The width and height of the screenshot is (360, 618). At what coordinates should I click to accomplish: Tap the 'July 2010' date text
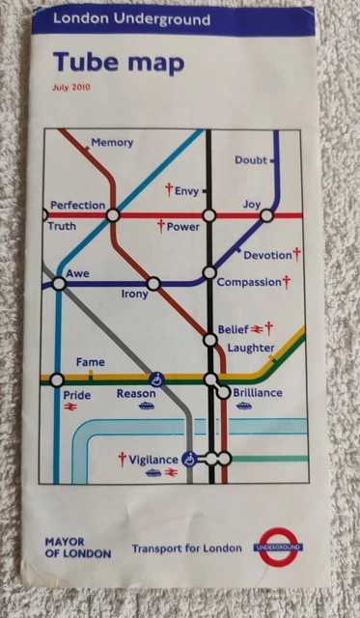71,89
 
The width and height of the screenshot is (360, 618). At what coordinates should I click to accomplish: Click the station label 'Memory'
112,143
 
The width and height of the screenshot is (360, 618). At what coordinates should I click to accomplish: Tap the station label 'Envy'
186,191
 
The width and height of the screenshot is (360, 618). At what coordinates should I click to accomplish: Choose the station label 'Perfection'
77,206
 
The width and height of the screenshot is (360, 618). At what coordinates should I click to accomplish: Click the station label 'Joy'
252,205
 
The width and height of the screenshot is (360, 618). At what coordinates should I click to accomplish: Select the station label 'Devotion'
267,255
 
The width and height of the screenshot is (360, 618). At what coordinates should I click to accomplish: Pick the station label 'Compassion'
249,282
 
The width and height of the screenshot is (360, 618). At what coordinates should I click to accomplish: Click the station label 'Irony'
135,295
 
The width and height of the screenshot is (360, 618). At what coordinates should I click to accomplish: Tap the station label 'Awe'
77,274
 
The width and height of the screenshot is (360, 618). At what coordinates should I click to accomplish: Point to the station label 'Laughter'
251,348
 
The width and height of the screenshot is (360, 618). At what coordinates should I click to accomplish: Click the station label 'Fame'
90,362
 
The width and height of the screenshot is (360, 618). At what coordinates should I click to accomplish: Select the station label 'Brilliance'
257,393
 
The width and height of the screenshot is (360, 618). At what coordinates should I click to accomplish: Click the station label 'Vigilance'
153,459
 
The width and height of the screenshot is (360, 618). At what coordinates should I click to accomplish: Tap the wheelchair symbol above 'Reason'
155,379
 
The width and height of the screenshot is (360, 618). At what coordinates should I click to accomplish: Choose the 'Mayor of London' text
77,548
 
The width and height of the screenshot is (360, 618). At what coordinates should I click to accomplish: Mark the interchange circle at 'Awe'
58,284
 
